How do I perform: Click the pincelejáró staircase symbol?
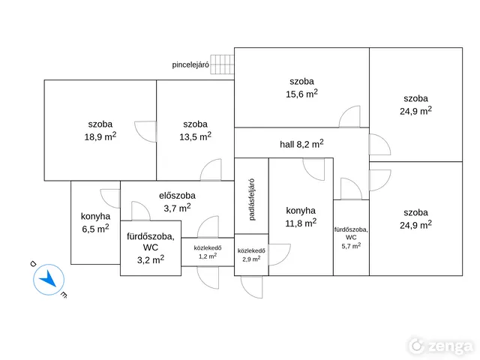(x=222, y=64)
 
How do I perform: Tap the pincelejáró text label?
(x=190, y=65)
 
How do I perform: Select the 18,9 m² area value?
(x=100, y=136)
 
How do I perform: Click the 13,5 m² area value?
(x=195, y=136)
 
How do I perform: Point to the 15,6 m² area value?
(x=301, y=93)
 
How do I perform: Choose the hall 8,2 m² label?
(x=301, y=144)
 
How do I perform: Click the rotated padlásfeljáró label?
(x=252, y=199)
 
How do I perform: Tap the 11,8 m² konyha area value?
(x=301, y=223)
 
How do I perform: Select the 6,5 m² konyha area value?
(x=95, y=228)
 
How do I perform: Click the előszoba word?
(x=177, y=196)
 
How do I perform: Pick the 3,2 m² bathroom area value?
(x=151, y=259)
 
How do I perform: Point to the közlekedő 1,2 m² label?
(x=208, y=252)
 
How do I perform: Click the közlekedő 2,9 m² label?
(x=251, y=255)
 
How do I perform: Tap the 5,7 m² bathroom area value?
(x=351, y=245)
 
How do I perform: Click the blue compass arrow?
(x=48, y=278)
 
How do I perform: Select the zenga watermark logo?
(x=441, y=346)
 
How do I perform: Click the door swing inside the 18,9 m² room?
(x=145, y=131)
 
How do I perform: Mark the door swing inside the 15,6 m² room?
(x=349, y=116)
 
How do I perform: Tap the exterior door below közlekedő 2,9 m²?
(x=252, y=286)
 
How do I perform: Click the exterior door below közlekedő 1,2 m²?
(x=208, y=277)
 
